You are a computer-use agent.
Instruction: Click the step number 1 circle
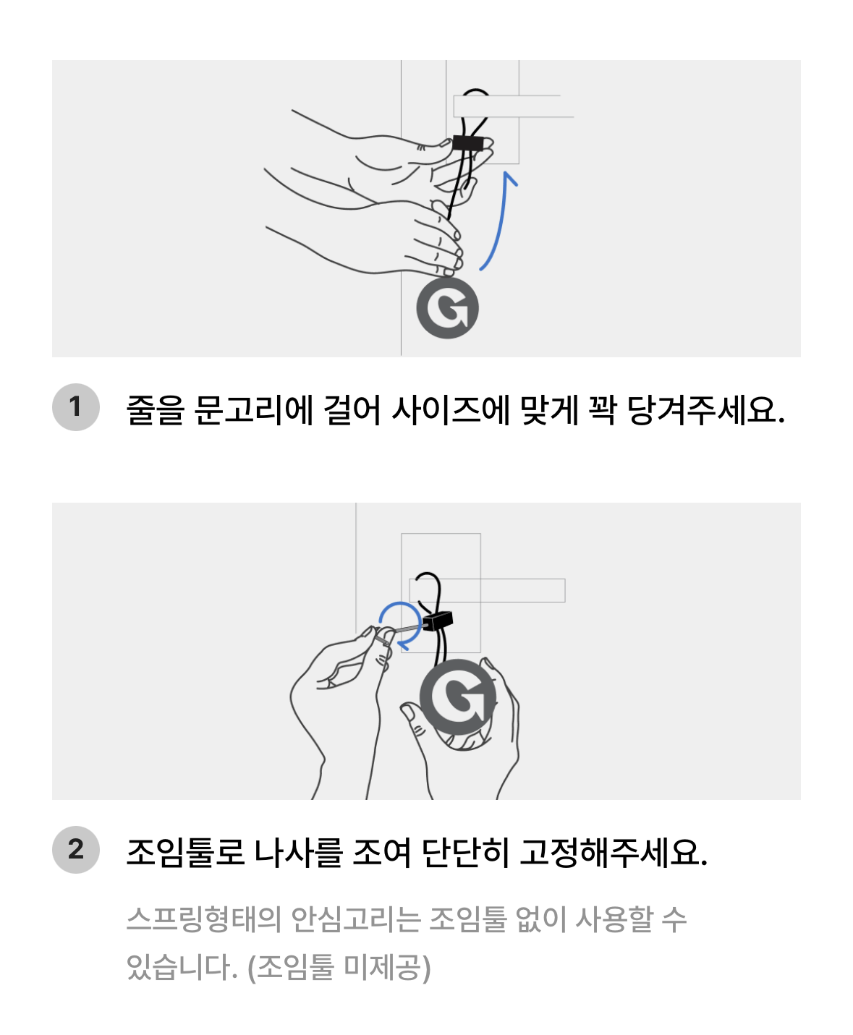tap(75, 407)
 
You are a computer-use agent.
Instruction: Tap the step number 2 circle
tap(75, 849)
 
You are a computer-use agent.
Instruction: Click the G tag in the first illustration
tap(447, 308)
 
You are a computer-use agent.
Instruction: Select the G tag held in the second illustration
tap(459, 699)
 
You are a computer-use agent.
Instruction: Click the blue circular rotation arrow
tap(400, 624)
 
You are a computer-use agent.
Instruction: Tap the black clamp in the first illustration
tap(467, 143)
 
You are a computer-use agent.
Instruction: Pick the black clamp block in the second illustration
tap(438, 621)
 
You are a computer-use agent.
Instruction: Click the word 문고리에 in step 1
tap(254, 410)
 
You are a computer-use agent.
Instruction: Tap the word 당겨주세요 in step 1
tap(705, 410)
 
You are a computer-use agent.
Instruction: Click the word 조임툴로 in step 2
tap(185, 852)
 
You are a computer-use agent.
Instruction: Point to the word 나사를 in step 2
tap(299, 852)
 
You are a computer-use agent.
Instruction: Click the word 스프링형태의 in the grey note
tap(203, 919)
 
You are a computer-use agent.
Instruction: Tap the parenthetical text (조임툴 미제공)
tap(339, 967)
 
